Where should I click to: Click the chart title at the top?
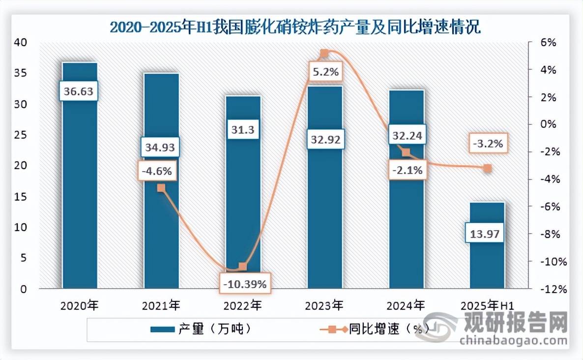(294, 26)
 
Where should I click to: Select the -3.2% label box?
(487, 144)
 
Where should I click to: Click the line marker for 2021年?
(161, 188)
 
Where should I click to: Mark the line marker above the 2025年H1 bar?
(487, 169)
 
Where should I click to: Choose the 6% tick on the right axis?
(549, 43)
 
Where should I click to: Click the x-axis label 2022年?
(242, 305)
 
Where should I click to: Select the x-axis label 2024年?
(406, 305)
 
